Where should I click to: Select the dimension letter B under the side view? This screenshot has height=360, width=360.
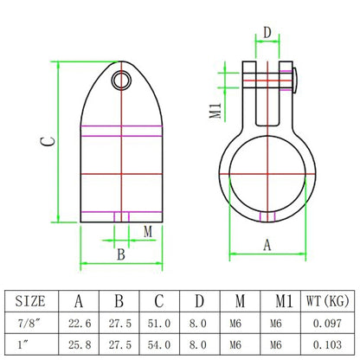coord(121,254)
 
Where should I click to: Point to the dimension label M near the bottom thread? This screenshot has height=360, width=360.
coord(148,231)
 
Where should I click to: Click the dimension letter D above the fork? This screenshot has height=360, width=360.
coord(267,33)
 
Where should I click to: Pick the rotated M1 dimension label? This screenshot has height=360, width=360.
coord(215,111)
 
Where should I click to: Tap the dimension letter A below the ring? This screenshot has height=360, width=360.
coord(267,245)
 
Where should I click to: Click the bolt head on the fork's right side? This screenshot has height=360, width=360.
coord(295,80)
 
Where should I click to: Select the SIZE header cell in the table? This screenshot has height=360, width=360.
coord(30,301)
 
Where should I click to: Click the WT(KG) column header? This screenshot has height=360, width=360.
coord(328,301)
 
